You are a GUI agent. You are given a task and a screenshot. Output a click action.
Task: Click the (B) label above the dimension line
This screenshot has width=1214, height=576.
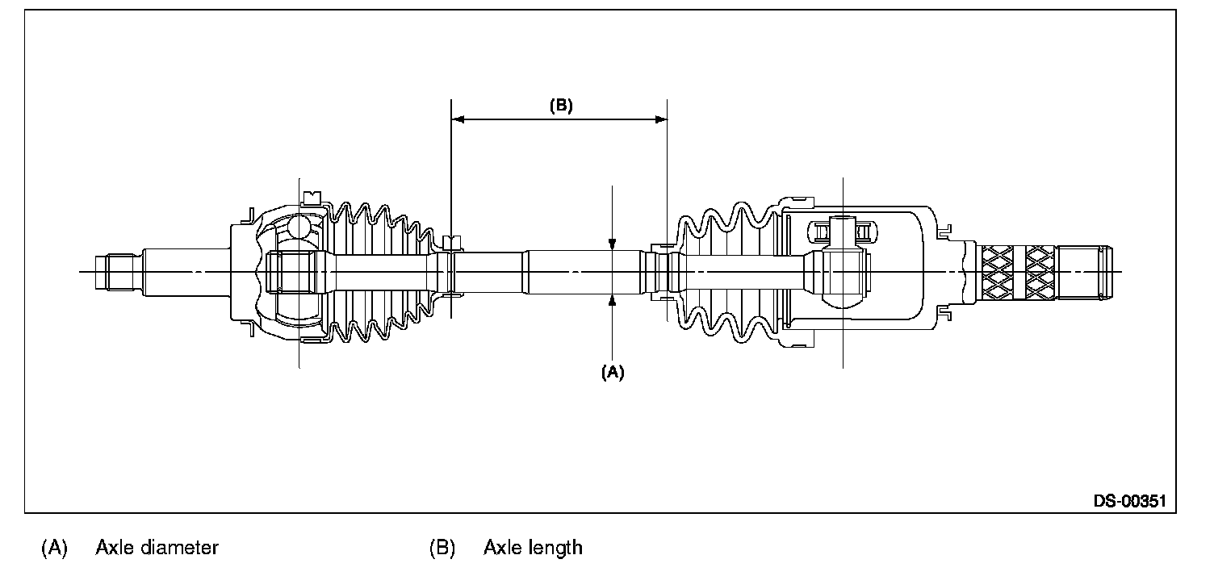coord(561,106)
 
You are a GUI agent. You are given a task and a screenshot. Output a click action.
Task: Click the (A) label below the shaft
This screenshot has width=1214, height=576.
coord(613,372)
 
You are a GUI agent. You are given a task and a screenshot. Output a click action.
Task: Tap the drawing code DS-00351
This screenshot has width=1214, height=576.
coord(1130,501)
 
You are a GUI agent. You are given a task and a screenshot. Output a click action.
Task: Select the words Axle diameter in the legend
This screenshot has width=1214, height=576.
coord(157,548)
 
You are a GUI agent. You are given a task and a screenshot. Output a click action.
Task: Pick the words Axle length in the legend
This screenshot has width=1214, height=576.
coord(533,548)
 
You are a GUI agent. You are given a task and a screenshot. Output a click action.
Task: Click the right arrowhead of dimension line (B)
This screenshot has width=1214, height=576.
coord(661,119)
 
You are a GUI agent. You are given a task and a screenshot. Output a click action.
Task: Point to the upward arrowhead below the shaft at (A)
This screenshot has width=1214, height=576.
coord(613,300)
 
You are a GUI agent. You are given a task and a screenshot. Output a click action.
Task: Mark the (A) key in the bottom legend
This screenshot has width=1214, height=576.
coord(54,548)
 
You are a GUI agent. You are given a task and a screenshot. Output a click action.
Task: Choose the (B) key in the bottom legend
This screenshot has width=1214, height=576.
coord(442,548)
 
